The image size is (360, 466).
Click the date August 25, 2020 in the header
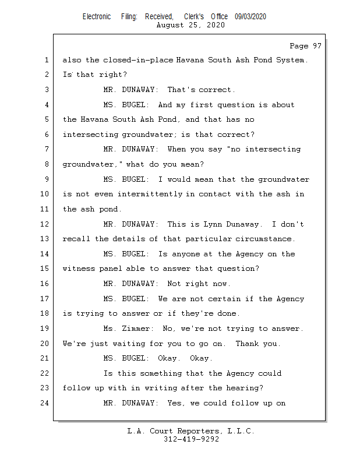click(191, 26)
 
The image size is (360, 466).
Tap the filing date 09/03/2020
click(250, 17)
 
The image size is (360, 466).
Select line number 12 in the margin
click(45, 224)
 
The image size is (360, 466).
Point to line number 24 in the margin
click(45, 403)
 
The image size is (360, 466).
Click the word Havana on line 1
click(193, 61)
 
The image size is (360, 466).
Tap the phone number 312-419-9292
click(191, 440)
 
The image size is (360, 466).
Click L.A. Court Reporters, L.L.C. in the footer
click(191, 432)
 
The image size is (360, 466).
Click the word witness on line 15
click(79, 269)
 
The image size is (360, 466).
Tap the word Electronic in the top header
click(97, 17)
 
